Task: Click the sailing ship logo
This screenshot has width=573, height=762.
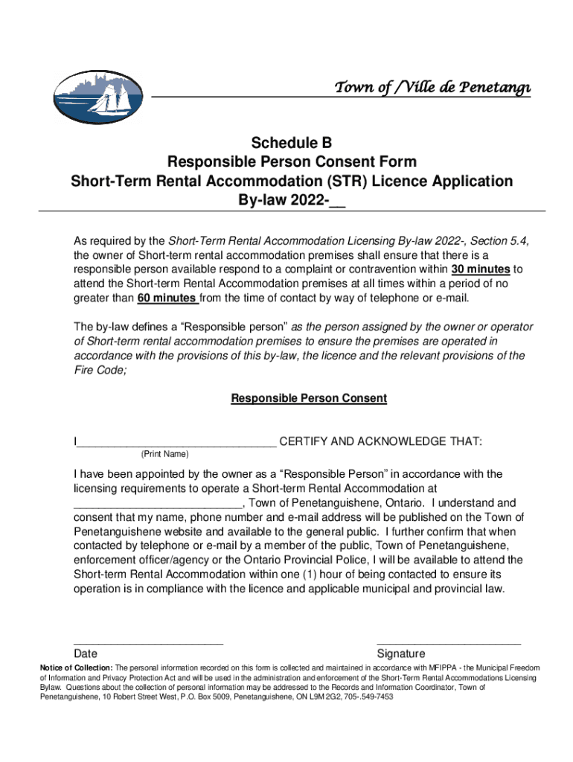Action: point(100,97)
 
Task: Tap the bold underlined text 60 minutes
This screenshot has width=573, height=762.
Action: point(167,298)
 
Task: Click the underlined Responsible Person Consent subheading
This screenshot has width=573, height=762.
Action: point(309,398)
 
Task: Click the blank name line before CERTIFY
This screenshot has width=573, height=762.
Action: point(176,443)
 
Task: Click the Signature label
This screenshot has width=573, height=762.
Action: point(401,653)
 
